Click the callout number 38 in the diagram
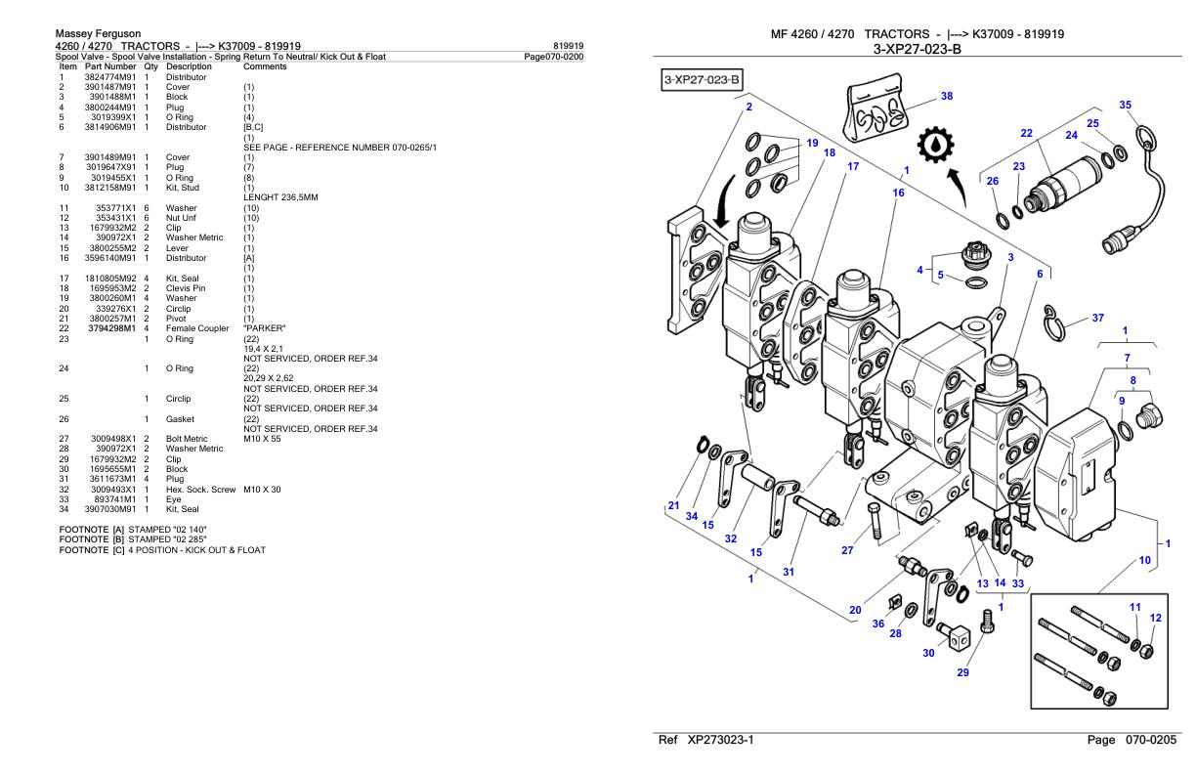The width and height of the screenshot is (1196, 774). pos(946,96)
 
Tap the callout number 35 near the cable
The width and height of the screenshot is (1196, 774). pos(1126,105)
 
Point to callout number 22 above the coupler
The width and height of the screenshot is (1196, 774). pos(1026,133)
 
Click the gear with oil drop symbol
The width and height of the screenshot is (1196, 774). pos(935,154)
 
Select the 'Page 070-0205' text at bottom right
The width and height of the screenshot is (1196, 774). pos(1134,741)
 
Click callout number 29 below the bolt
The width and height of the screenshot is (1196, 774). pos(963,671)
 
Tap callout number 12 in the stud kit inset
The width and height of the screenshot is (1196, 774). pos(1156,618)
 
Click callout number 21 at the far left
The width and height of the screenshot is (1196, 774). pos(672,505)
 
